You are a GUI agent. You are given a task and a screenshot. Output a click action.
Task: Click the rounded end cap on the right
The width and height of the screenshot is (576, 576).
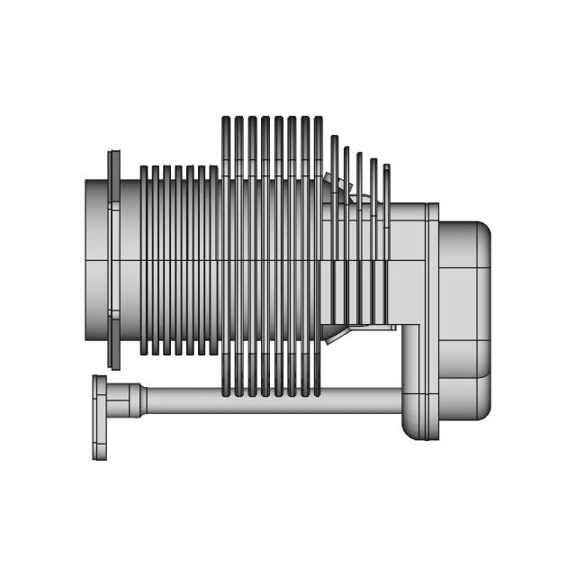click(464, 319)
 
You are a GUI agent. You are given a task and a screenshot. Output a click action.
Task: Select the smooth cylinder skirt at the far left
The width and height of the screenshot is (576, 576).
click(96, 261)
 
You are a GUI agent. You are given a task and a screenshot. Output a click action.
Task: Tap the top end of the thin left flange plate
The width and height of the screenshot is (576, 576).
click(113, 155)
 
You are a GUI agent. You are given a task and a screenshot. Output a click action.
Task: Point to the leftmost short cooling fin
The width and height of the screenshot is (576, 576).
click(144, 260)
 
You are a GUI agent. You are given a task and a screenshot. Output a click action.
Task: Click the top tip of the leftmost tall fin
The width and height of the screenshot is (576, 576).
click(227, 120)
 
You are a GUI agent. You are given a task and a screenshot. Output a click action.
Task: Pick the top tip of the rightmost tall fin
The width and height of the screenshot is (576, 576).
click(318, 120)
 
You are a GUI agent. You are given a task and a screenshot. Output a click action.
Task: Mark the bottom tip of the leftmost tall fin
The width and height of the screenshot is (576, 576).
click(227, 392)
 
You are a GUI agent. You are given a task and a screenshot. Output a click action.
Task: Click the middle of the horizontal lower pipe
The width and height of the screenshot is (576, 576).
click(270, 400)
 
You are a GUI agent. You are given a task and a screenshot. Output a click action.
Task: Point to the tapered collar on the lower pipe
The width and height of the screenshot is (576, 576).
click(135, 400)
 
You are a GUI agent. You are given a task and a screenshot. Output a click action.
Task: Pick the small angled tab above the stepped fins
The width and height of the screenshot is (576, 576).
click(342, 184)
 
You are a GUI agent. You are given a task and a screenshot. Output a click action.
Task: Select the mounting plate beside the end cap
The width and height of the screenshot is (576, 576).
click(433, 319)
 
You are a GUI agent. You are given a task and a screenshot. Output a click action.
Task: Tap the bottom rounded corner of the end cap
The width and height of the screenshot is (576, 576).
click(481, 410)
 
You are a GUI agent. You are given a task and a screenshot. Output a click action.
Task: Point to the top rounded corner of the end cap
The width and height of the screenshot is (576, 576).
click(481, 230)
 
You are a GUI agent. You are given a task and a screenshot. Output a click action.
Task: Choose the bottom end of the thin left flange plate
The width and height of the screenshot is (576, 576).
click(113, 364)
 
